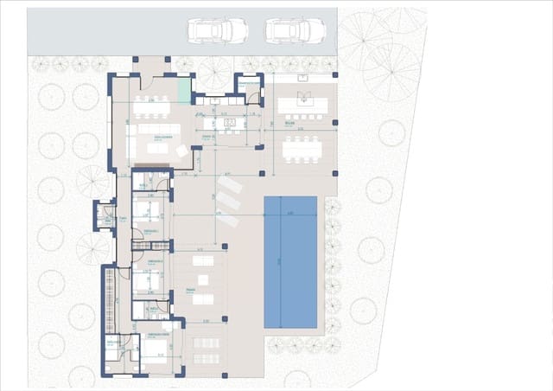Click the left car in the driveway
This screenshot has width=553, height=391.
(218, 30)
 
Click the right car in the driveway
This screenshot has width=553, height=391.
(295, 30)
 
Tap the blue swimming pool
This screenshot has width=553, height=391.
(289, 261)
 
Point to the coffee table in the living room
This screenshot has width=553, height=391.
(157, 148)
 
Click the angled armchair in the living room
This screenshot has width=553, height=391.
(181, 151)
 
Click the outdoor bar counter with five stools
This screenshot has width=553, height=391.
(299, 106)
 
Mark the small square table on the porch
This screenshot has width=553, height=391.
(204, 279)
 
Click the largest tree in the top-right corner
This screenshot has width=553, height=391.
(389, 71)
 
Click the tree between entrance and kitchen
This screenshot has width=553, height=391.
(213, 73)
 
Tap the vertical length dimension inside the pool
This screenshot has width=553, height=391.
(279, 261)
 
